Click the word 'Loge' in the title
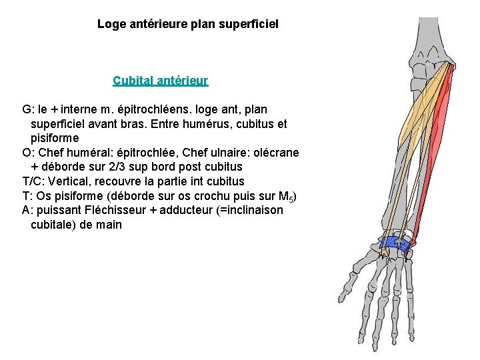(110, 25)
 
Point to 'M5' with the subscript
(283, 197)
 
